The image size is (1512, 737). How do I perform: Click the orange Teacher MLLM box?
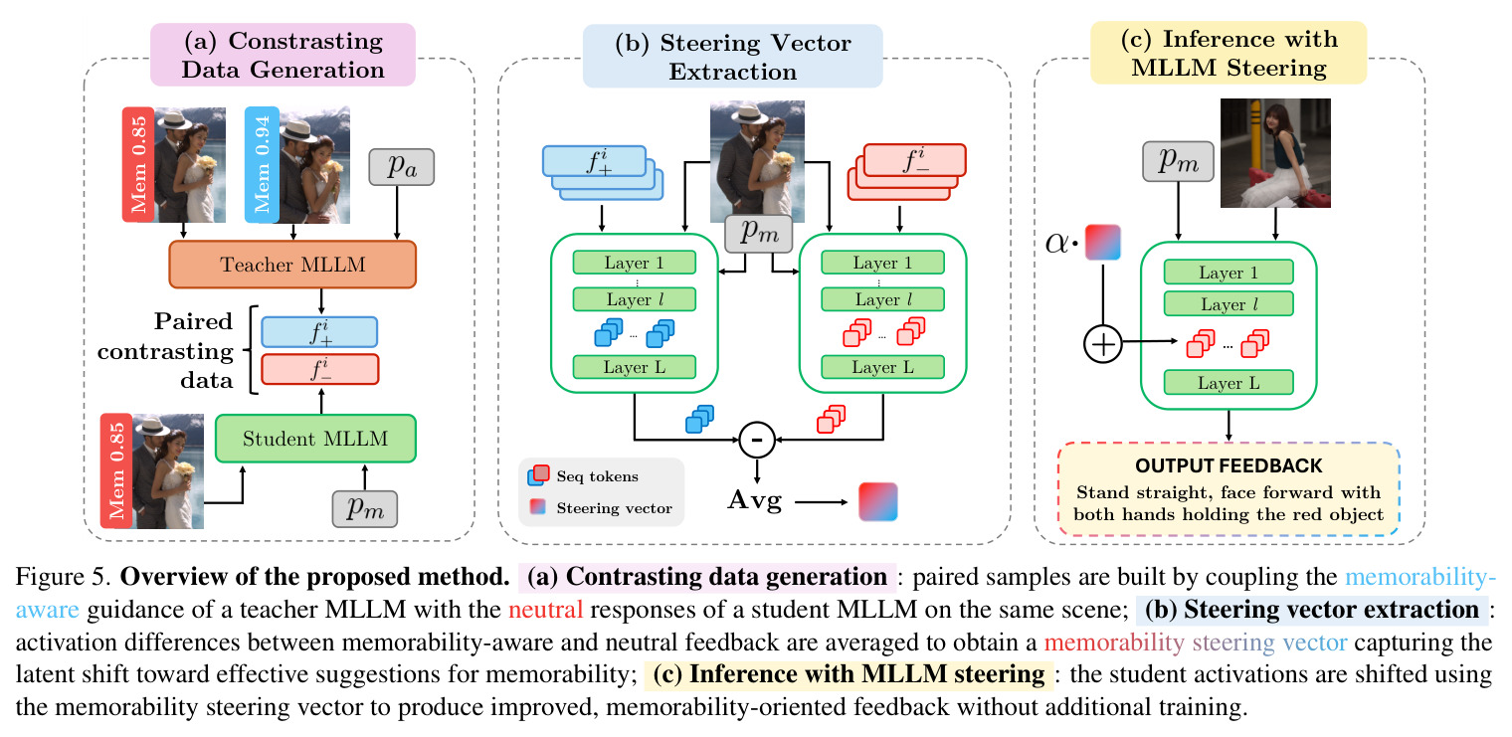(x=292, y=265)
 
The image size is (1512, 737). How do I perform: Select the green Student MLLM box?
(x=315, y=439)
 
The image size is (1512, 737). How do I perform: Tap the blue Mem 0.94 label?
(x=262, y=165)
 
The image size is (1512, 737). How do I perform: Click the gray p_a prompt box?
(x=402, y=167)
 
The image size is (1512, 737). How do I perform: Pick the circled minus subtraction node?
(x=757, y=440)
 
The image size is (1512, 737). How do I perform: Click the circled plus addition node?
(x=1103, y=344)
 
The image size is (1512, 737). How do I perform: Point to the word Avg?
(x=755, y=501)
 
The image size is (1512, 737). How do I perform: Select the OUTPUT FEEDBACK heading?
(x=1228, y=465)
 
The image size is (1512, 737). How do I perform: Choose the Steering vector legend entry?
(x=601, y=507)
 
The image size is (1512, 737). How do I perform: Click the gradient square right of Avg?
(x=878, y=501)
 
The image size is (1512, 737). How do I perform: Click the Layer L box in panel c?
(x=1228, y=383)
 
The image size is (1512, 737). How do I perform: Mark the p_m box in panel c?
(x=1178, y=161)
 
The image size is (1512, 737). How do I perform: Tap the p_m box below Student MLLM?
(x=364, y=509)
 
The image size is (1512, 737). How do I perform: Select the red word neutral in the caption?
(x=545, y=610)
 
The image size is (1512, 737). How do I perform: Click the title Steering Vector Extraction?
(x=732, y=57)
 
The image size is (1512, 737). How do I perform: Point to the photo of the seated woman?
(x=1275, y=152)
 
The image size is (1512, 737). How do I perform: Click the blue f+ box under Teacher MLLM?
(x=319, y=332)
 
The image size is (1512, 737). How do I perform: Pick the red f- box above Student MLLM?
(x=320, y=369)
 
